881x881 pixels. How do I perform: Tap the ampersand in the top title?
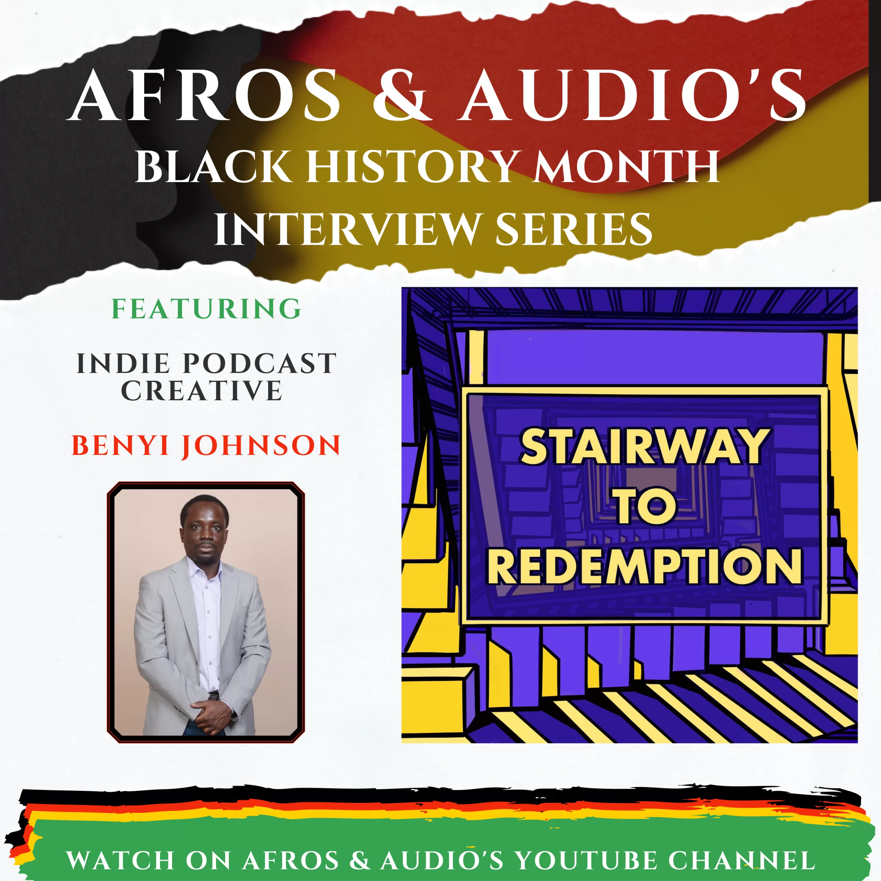click(400, 95)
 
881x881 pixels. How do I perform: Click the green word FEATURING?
click(206, 309)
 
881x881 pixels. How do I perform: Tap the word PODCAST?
click(259, 363)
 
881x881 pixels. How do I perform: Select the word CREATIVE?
click(202, 391)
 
